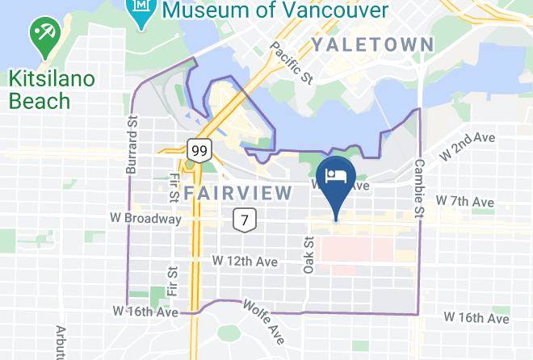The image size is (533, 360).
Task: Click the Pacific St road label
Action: point(292,63)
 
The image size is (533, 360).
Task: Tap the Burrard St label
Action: point(132,148)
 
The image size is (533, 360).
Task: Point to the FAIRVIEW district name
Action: point(237,193)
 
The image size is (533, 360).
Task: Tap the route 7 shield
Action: point(244,218)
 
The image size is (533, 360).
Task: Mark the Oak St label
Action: point(308,254)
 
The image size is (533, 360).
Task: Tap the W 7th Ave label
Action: point(464,200)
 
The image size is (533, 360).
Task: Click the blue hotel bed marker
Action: point(335,180)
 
